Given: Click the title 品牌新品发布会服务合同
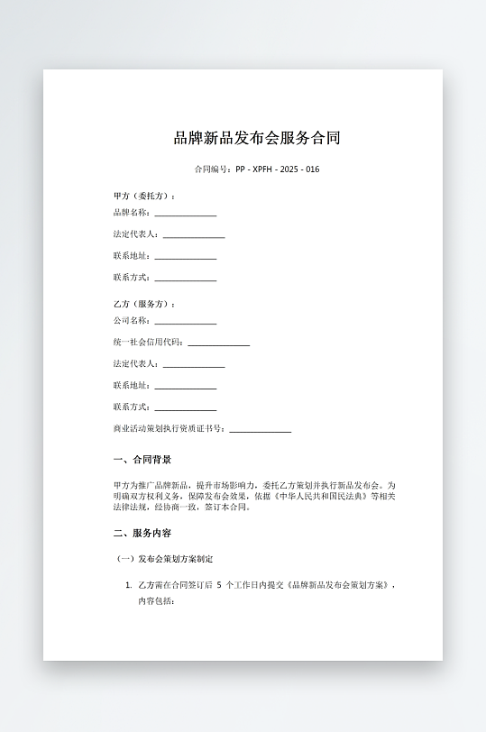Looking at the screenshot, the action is (x=257, y=139).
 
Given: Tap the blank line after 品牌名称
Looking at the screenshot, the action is (x=185, y=215).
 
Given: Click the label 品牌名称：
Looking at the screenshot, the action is (x=132, y=213).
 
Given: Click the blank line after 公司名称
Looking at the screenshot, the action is (x=185, y=323).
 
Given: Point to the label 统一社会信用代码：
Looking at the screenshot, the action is (x=149, y=343).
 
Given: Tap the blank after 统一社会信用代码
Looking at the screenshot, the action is (x=218, y=344).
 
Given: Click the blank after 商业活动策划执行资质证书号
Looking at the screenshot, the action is (x=260, y=431).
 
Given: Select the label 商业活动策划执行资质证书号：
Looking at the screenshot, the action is (x=170, y=429).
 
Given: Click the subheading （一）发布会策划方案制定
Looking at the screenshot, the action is (x=167, y=560).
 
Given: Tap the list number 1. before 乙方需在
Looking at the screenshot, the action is (x=129, y=586).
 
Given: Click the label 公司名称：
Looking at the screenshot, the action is (x=132, y=321).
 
